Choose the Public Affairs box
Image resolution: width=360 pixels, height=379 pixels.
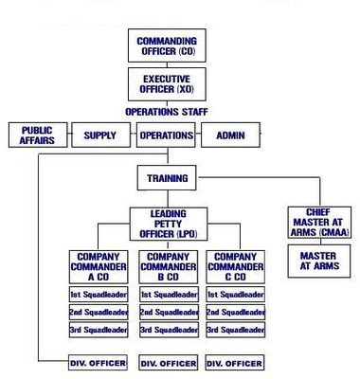36,135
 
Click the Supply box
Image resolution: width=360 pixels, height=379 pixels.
99,135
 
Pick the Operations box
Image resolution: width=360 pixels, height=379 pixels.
166,135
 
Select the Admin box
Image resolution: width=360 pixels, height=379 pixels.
230,135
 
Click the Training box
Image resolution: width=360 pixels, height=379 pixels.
167,177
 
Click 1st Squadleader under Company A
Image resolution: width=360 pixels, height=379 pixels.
99,296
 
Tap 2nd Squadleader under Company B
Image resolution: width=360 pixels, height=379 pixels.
167,313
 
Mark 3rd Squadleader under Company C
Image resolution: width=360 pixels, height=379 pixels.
234,330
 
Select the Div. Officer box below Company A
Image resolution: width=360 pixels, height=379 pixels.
99,362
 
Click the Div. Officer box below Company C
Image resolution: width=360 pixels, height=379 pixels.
234,362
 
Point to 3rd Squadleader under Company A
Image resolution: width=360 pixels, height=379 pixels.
99,330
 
